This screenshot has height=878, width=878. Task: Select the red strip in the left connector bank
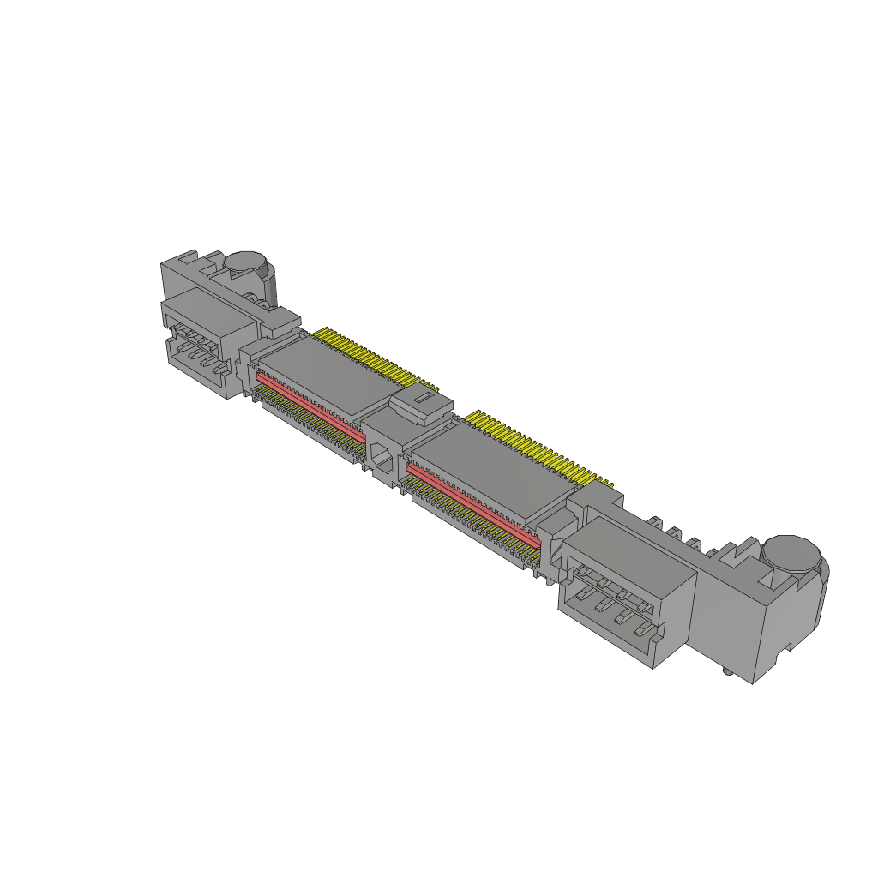click(309, 401)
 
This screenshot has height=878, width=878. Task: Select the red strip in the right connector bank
click(472, 506)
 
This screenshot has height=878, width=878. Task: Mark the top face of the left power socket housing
click(210, 309)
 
